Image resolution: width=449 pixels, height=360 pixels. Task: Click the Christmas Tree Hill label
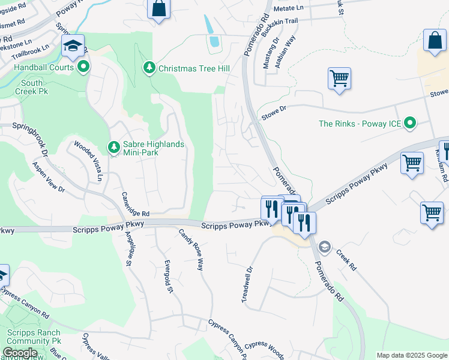click(x=194, y=68)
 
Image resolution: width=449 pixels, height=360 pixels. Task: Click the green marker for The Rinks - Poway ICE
click(x=411, y=124)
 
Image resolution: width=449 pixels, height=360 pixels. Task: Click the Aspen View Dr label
click(x=48, y=176)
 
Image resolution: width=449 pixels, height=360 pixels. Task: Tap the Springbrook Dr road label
click(x=27, y=130)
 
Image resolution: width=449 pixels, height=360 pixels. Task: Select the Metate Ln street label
click(x=289, y=9)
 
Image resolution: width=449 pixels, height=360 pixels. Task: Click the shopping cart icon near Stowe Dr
click(x=339, y=78)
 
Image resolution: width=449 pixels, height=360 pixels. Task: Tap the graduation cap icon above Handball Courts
click(x=73, y=46)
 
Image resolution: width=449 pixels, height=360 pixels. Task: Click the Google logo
click(x=20, y=353)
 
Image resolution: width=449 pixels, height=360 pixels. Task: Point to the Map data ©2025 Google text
click(x=411, y=355)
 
